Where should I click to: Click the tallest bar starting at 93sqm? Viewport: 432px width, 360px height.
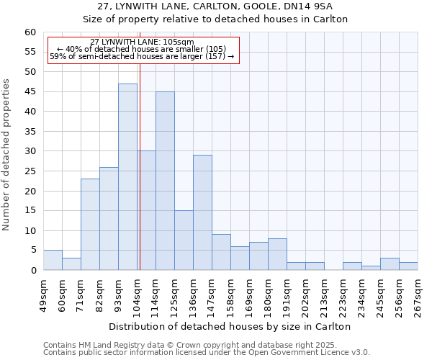(x=127, y=177)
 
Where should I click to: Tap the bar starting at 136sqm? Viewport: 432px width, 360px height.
(x=202, y=212)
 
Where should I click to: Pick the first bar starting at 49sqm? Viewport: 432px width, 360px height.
(x=53, y=260)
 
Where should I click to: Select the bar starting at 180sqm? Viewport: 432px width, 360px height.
(x=277, y=254)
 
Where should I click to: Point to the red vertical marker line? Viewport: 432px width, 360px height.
(x=140, y=166)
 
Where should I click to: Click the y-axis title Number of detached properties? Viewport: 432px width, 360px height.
(x=7, y=155)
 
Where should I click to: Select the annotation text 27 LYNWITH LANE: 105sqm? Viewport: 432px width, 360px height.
(x=143, y=42)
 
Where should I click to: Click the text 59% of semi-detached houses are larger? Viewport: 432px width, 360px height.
(x=143, y=56)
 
